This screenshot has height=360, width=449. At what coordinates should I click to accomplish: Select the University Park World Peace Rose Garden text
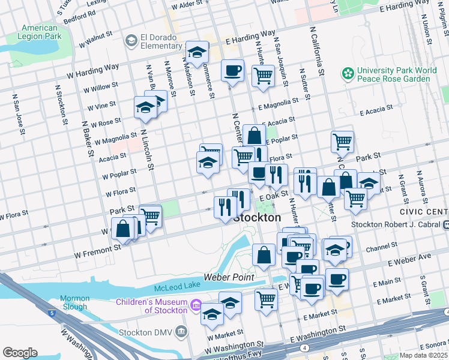pos(397,74)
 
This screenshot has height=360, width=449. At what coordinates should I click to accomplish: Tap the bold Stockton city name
pos(256,218)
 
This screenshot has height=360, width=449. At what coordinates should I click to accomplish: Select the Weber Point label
pos(229,277)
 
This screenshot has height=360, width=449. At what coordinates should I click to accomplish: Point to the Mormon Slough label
pos(75,302)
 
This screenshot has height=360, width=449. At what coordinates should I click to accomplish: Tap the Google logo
pos(20,353)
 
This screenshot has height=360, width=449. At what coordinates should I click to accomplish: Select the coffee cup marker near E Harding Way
pos(232,71)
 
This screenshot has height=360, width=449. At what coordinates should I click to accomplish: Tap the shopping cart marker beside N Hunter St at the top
pos(263,76)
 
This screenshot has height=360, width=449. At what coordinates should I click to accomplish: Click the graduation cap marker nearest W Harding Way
pos(197,53)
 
